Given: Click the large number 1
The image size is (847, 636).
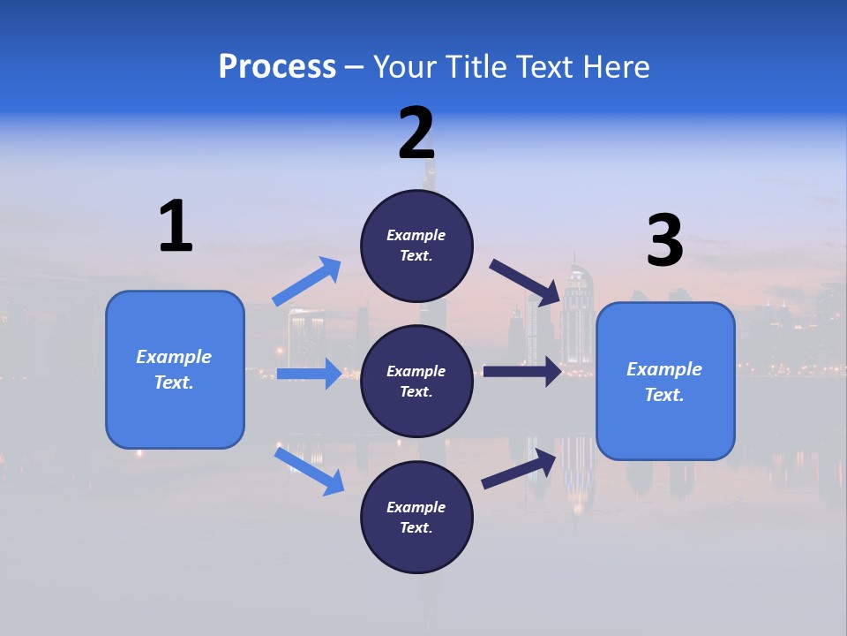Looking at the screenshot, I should [x=176, y=226].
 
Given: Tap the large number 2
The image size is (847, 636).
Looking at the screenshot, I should [x=416, y=133].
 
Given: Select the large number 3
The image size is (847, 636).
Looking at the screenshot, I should [x=664, y=241].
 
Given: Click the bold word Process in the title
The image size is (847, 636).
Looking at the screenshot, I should [x=277, y=66].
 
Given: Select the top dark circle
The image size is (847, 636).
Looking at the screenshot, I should [x=416, y=246].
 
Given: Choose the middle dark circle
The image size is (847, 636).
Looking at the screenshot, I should [x=416, y=381].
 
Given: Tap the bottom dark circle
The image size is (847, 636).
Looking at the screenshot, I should [x=416, y=517].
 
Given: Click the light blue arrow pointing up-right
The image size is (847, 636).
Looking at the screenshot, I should [x=308, y=282].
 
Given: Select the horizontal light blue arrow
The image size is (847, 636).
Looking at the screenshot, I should [x=309, y=374].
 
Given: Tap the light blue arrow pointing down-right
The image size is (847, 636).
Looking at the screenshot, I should [x=309, y=471].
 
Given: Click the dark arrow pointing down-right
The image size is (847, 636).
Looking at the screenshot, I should [x=525, y=282].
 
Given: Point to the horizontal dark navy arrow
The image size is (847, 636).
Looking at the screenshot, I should [x=522, y=371].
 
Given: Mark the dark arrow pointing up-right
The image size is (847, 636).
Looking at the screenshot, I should [x=519, y=469].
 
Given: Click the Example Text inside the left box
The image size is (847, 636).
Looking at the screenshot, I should [x=174, y=369].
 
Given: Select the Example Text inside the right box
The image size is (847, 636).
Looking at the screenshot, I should [x=664, y=382].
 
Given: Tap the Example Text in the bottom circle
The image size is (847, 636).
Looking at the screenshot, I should [x=416, y=517].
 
